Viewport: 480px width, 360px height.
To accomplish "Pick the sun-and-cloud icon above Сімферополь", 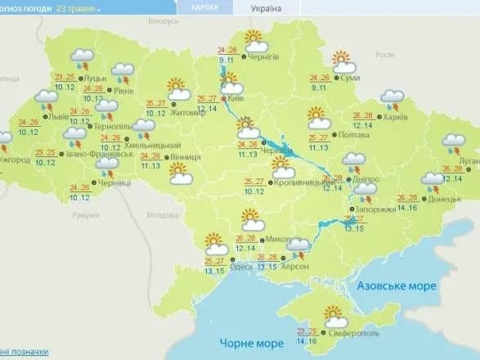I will [x=334, y=313].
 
